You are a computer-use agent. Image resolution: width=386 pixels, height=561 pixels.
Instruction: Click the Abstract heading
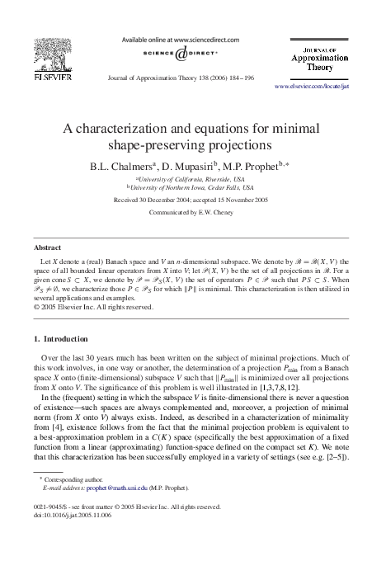pyautogui.click(x=47, y=247)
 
